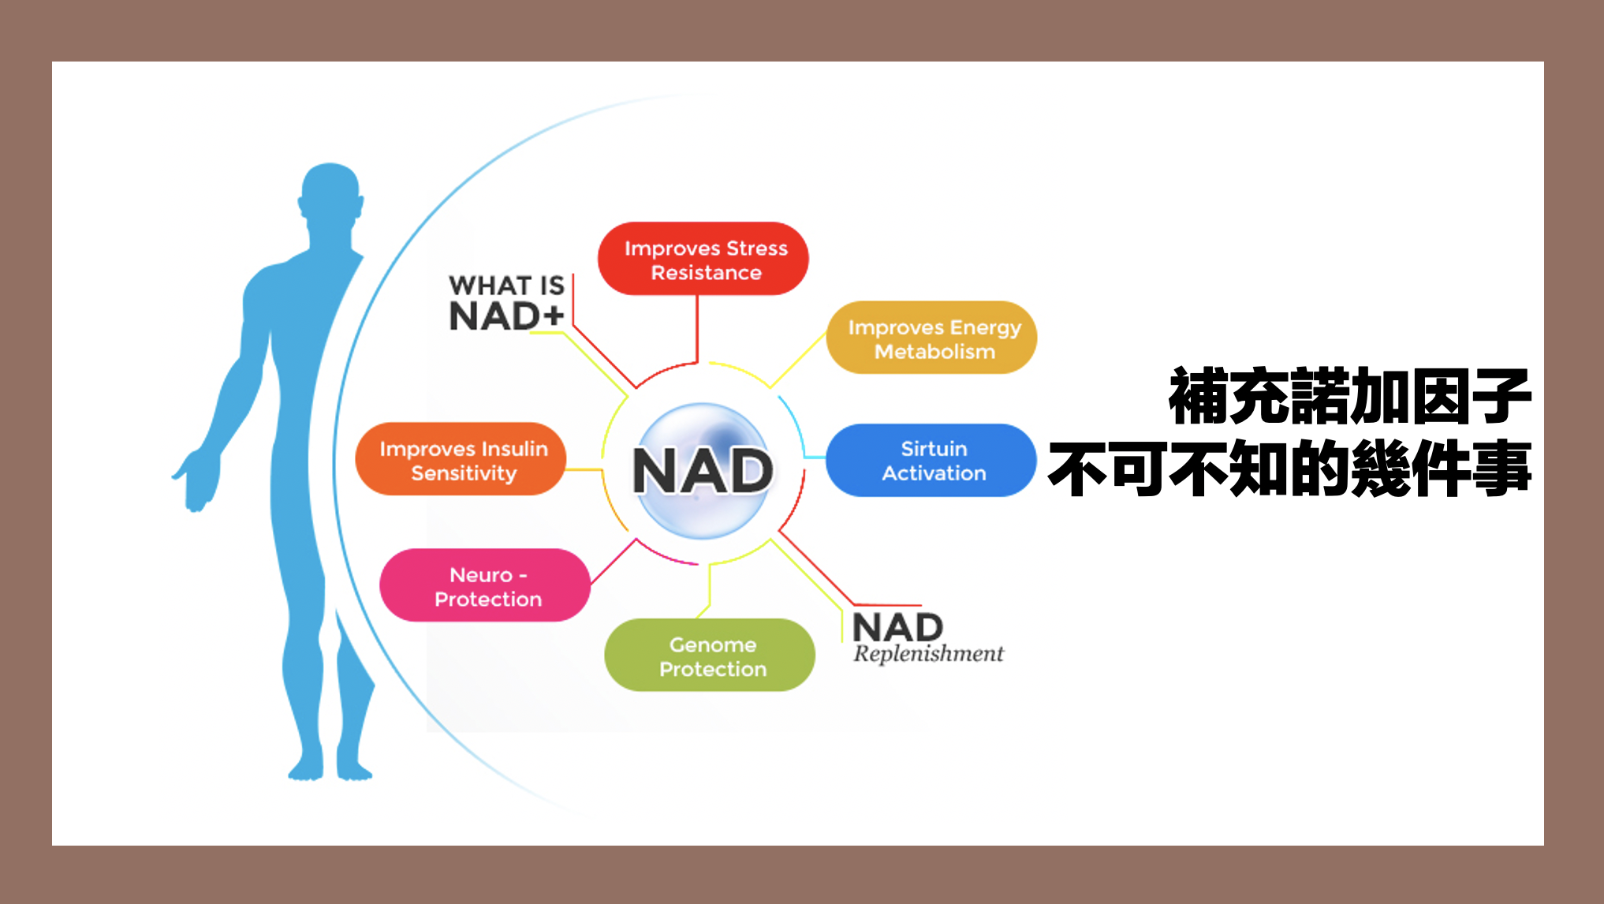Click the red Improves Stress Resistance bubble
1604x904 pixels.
click(x=703, y=259)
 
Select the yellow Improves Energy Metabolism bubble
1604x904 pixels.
click(x=931, y=338)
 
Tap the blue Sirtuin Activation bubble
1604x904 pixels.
click(x=931, y=461)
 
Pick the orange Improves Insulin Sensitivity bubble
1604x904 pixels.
click(x=461, y=459)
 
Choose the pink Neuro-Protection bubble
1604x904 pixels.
click(x=485, y=585)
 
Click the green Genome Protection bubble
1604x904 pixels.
click(x=710, y=655)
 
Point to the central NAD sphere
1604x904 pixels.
click(x=703, y=471)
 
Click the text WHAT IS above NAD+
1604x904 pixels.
click(x=506, y=285)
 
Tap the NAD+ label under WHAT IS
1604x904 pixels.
click(x=506, y=316)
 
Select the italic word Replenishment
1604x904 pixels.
click(x=928, y=654)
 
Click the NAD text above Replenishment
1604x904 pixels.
click(x=898, y=628)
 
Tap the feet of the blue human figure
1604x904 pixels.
click(x=330, y=767)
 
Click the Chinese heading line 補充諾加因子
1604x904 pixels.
click(x=1350, y=397)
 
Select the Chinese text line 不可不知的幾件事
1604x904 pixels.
click(x=1290, y=469)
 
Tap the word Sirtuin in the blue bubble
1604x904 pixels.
click(x=934, y=449)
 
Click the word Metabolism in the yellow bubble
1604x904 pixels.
click(x=934, y=352)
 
